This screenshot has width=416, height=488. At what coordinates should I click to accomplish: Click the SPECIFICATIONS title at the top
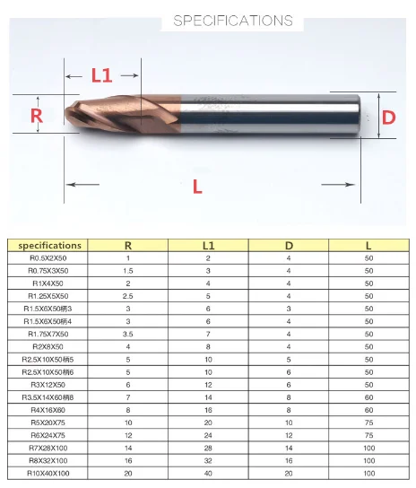tap(233, 21)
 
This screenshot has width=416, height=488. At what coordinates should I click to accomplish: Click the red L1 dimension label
tap(101, 75)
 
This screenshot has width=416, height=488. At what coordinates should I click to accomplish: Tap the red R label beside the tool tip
tap(37, 115)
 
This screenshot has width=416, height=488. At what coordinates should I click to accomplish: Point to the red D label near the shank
tap(388, 118)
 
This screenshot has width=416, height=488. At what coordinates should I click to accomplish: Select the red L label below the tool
tap(197, 187)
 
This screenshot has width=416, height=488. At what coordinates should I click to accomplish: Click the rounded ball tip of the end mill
tap(69, 114)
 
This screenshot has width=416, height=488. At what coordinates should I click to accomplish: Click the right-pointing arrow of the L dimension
tap(338, 185)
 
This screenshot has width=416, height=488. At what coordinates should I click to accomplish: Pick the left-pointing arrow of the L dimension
tap(82, 185)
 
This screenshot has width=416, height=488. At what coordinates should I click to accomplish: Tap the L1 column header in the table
tap(208, 246)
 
